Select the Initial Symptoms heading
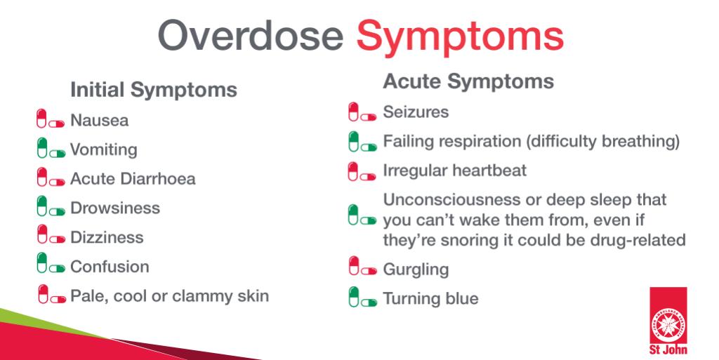(154, 90)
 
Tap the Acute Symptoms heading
(468, 81)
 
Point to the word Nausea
(100, 121)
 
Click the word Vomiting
(104, 149)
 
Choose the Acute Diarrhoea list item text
(133, 179)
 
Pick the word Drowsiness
(115, 208)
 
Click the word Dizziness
(107, 237)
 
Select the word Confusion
(110, 267)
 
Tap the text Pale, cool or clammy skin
(170, 296)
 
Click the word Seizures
(416, 112)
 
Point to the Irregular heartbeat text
(455, 171)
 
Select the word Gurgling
(416, 269)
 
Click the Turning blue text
(431, 299)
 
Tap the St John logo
(668, 321)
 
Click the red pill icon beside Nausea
(51, 119)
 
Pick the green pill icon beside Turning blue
(363, 297)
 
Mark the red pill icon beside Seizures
(362, 112)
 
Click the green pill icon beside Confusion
(51, 263)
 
